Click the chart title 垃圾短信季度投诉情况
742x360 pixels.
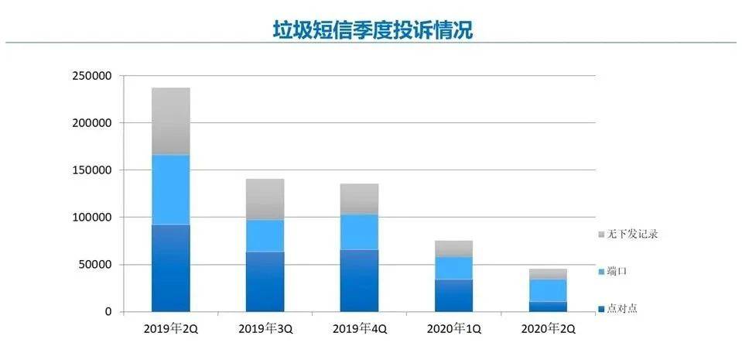[x=372, y=31]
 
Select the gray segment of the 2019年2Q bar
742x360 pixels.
[x=171, y=122]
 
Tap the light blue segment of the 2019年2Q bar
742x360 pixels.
[x=171, y=190]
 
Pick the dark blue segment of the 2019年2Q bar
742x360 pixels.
[x=171, y=268]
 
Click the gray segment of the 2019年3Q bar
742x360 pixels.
[x=265, y=200]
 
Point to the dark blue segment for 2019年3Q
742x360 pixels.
[x=265, y=281]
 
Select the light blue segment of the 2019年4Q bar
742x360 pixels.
[x=360, y=231]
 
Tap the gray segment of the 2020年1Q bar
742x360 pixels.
[x=453, y=249]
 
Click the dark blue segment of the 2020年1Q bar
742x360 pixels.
[x=453, y=295]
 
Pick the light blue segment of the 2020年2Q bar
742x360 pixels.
[x=548, y=290]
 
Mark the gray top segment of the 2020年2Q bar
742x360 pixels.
[x=548, y=274]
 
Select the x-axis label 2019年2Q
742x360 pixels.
[x=171, y=328]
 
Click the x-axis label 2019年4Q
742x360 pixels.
[x=360, y=328]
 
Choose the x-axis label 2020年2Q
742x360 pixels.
[x=548, y=328]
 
